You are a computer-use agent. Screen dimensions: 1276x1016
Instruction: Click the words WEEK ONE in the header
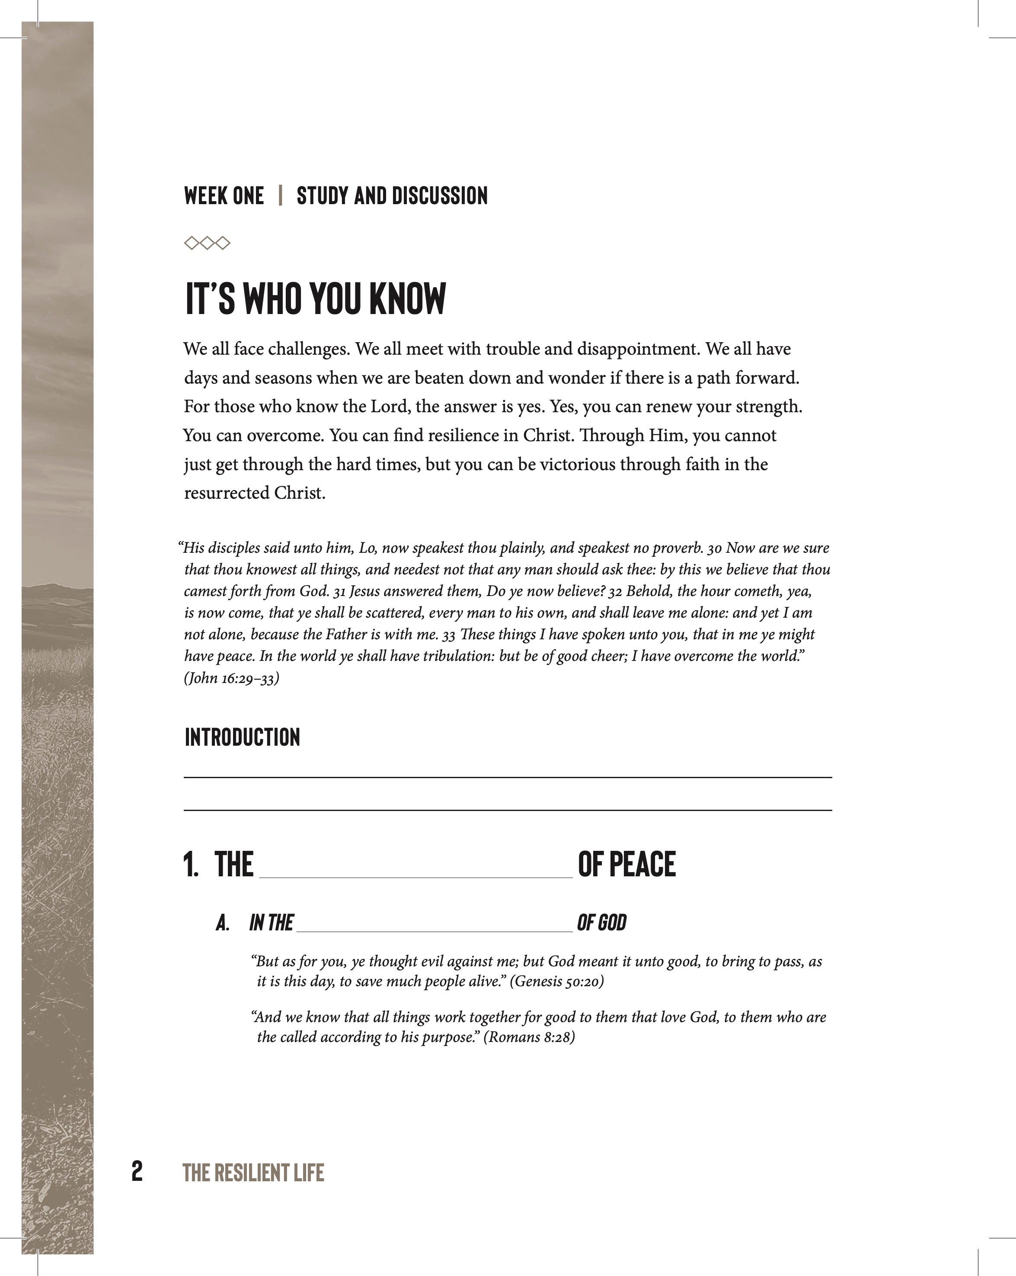click(224, 196)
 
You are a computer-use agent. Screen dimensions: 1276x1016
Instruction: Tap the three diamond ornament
click(207, 243)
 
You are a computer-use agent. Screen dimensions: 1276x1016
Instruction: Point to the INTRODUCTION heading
click(242, 737)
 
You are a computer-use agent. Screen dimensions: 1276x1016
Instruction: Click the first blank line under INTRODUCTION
click(507, 777)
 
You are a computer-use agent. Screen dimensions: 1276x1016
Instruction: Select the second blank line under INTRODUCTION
click(507, 810)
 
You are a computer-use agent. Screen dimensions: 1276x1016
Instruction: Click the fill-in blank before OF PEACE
click(415, 876)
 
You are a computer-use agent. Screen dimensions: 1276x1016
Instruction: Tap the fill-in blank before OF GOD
click(434, 930)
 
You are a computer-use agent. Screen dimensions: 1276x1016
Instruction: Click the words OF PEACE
click(626, 865)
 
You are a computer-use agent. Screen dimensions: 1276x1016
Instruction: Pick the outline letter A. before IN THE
click(223, 923)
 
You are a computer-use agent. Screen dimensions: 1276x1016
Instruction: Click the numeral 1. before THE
click(191, 865)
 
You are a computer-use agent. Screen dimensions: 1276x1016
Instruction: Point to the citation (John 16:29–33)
click(231, 678)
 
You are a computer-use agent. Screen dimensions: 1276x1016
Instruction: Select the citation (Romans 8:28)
click(529, 1037)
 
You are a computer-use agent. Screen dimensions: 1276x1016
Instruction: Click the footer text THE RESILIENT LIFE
click(253, 1173)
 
